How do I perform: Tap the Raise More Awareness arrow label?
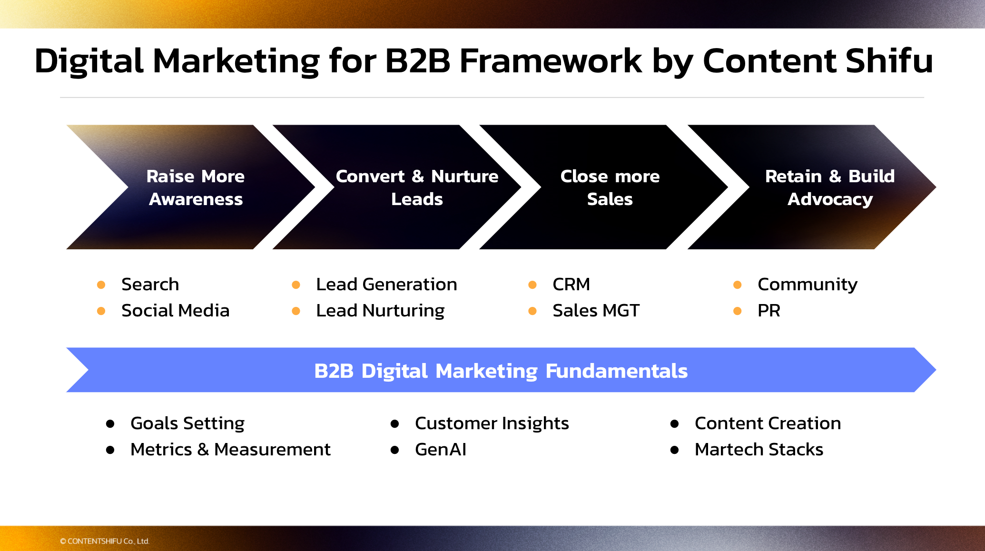[196, 187]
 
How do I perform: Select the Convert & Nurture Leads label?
[417, 187]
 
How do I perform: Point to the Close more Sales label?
[610, 187]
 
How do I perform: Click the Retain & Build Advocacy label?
[830, 187]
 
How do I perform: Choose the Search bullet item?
[150, 285]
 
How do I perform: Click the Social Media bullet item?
[175, 311]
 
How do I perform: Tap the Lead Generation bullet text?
[386, 285]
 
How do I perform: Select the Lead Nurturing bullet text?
[380, 311]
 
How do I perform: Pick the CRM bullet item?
[571, 285]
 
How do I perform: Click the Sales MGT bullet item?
[596, 311]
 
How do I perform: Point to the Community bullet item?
[807, 285]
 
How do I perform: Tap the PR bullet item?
[768, 311]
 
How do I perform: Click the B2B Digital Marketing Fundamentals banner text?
[501, 371]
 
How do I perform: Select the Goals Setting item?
[187, 423]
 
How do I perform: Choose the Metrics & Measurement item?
[230, 450]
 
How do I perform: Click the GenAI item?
[441, 450]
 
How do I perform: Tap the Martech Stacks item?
[758, 450]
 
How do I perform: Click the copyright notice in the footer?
[105, 541]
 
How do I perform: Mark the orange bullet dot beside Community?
[738, 285]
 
